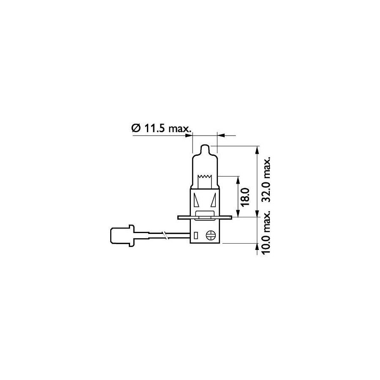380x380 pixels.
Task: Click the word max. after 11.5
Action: click(179, 128)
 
